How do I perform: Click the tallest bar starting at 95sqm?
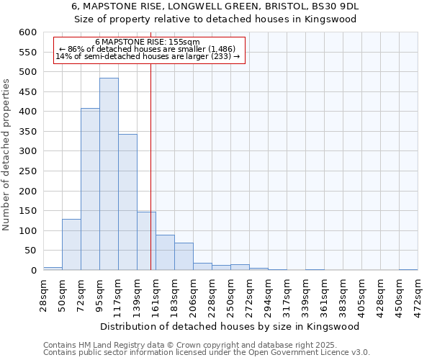[109, 174]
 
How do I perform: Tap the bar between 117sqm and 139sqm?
[127, 202]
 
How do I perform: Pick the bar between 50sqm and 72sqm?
[71, 245]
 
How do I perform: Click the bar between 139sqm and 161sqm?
[146, 241]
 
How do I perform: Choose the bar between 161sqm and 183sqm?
[165, 253]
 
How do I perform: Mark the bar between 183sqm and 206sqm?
[184, 257]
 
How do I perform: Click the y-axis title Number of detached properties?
[6, 155]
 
